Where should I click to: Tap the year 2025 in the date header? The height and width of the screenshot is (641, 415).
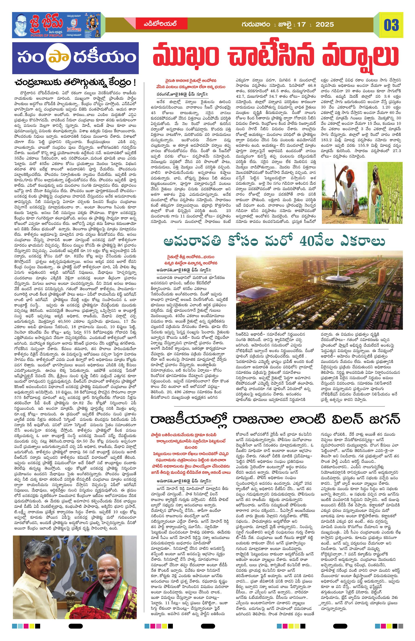325,24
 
